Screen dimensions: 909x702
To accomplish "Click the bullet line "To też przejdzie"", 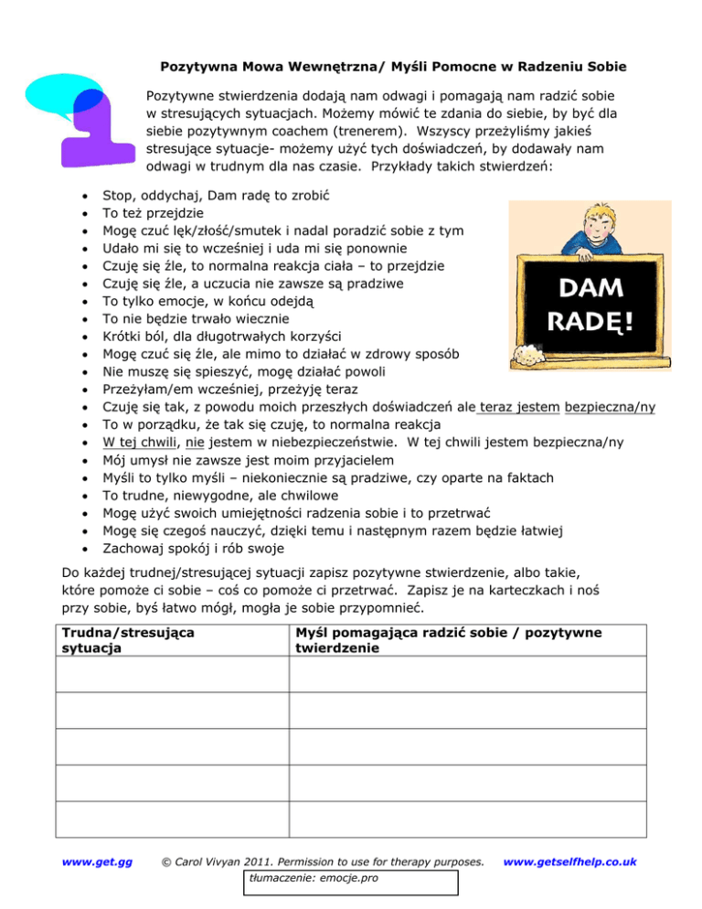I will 159,214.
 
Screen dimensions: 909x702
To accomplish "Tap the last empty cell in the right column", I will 467,817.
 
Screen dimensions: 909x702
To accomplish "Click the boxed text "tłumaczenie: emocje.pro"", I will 302,881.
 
